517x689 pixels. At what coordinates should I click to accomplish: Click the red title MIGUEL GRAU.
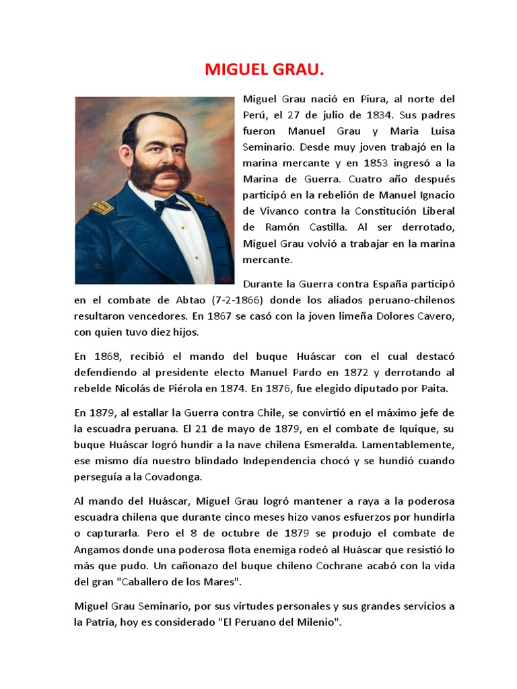(x=258, y=70)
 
